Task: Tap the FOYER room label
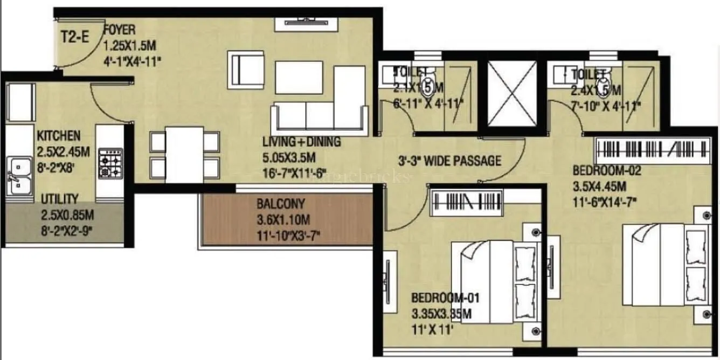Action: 119,29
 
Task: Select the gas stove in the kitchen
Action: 110,163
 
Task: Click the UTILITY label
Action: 60,199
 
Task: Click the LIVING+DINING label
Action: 301,142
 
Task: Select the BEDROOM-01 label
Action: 445,297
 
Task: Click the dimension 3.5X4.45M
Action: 599,187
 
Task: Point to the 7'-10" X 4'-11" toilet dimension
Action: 606,106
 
